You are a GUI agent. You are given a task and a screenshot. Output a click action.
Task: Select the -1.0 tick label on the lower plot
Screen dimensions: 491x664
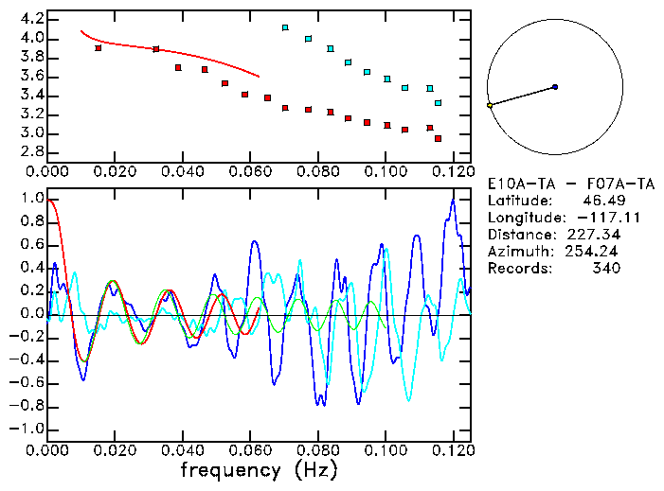point(27,429)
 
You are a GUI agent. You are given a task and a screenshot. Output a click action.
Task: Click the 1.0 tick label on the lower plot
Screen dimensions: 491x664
point(32,199)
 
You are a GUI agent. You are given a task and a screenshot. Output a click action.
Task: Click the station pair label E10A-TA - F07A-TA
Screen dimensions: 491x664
point(565,184)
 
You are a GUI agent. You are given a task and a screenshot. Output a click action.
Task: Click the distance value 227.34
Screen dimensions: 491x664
point(594,235)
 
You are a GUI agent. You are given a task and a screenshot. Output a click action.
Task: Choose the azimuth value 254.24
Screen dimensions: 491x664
point(594,252)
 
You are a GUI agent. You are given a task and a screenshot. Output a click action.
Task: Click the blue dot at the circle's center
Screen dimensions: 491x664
point(555,87)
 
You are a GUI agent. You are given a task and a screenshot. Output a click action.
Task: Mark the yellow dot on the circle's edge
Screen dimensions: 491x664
point(490,105)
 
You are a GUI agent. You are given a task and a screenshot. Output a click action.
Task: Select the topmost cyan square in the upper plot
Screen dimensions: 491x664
point(285,28)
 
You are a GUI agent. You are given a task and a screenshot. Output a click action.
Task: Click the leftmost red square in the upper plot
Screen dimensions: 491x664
point(99,48)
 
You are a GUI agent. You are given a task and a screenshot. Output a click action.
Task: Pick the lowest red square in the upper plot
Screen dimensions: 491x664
point(438,138)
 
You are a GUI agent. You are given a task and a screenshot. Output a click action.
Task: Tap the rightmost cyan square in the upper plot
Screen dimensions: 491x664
point(438,103)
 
